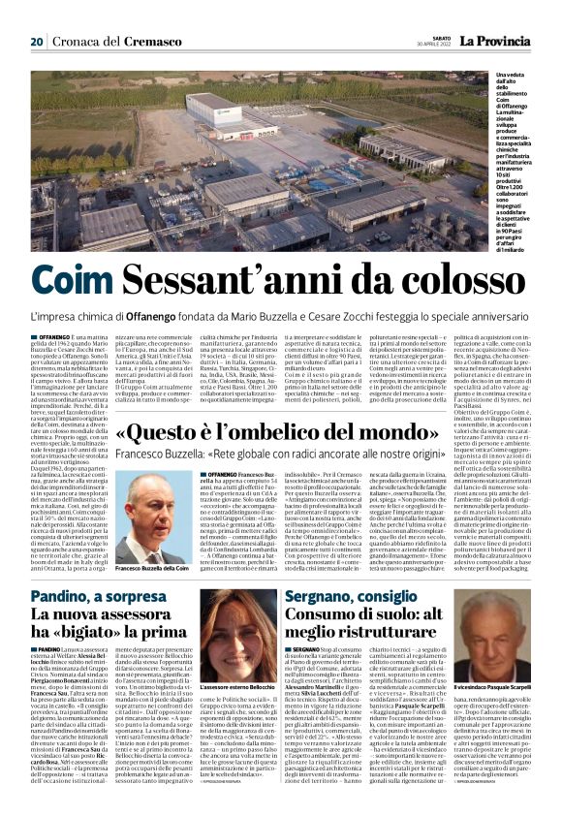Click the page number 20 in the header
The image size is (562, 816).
point(36,42)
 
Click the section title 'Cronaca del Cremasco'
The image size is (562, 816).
point(104,42)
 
